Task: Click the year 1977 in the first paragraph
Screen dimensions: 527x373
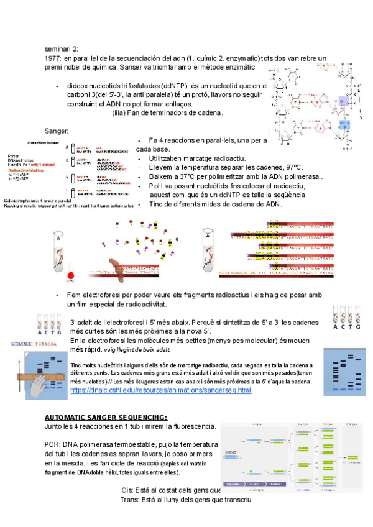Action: (54, 58)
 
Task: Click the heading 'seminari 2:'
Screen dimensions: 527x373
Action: (62, 48)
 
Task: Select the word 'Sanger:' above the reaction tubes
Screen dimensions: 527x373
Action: (57, 131)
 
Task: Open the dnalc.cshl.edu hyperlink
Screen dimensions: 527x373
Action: (161, 390)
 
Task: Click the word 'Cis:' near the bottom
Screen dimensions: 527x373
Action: (128, 490)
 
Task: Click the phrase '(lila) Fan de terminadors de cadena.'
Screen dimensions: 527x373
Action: (167, 113)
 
